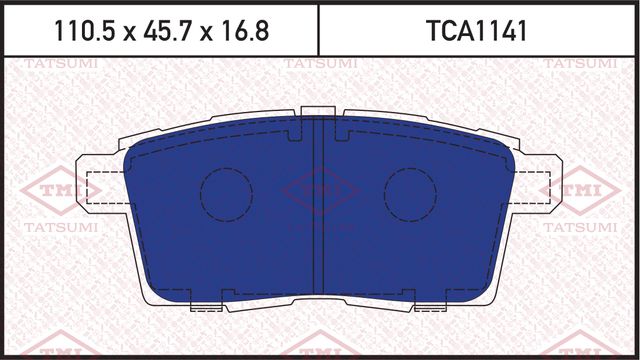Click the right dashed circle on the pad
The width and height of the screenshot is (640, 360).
pos(409,189)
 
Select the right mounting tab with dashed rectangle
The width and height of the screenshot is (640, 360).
pos(534,187)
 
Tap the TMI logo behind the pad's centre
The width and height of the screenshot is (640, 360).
pos(317,190)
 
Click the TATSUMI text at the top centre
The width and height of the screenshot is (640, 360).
pos(317,66)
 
